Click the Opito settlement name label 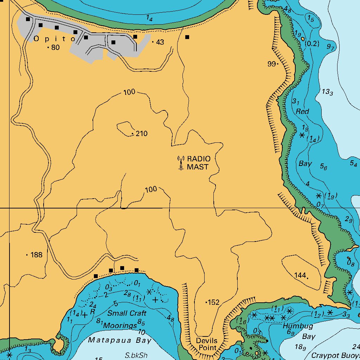pyautogui.click(x=54, y=39)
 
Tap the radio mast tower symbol pyautogui.click(x=181, y=163)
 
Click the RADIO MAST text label pyautogui.click(x=198, y=163)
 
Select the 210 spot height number pyautogui.click(x=142, y=134)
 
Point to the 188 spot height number pyautogui.click(x=36, y=255)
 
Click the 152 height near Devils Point pyautogui.click(x=213, y=302)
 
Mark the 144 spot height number pyautogui.click(x=300, y=275)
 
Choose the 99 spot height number pyautogui.click(x=271, y=64)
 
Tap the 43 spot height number pyautogui.click(x=160, y=42)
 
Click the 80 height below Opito pyautogui.click(x=55, y=47)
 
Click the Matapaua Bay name pyautogui.click(x=120, y=340)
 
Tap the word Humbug pyautogui.click(x=297, y=326)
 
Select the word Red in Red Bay pyautogui.click(x=302, y=111)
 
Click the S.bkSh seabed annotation pyautogui.click(x=136, y=355)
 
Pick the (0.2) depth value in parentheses pyautogui.click(x=312, y=44)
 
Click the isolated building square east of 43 pyautogui.click(x=187, y=37)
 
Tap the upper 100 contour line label pyautogui.click(x=129, y=92)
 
